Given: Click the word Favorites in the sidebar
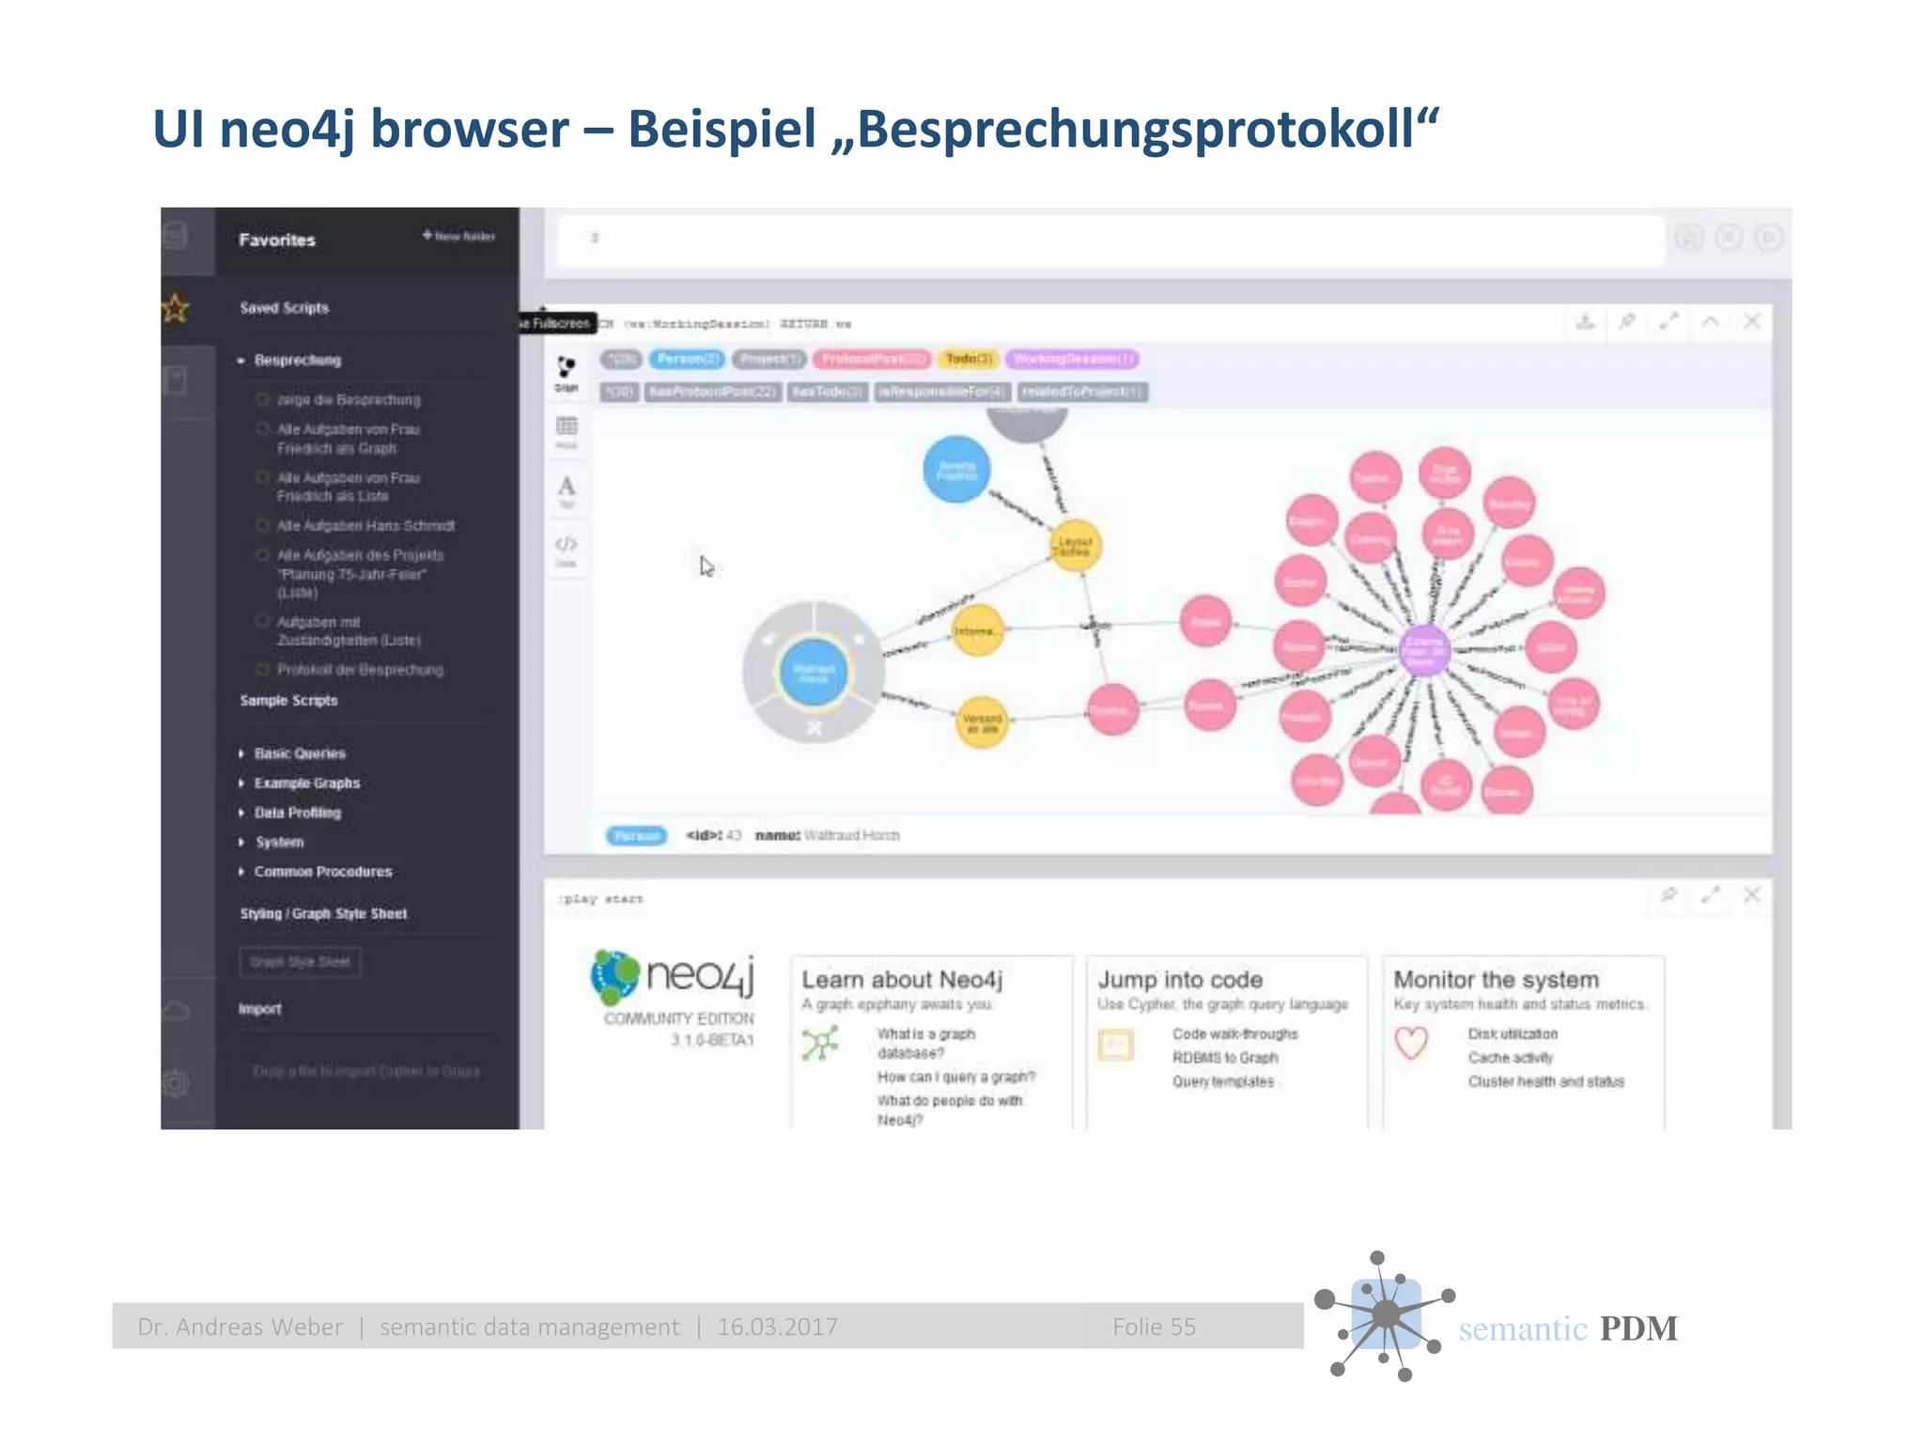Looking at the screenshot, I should pyautogui.click(x=277, y=240).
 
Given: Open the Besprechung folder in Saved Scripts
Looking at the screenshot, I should pyautogui.click(x=297, y=361).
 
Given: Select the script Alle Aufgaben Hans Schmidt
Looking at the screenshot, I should pyautogui.click(x=365, y=526).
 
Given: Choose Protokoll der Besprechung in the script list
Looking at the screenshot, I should pyautogui.click(x=360, y=670).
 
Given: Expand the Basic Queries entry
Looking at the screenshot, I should pyautogui.click(x=299, y=753).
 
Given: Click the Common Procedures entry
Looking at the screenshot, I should pyautogui.click(x=322, y=872).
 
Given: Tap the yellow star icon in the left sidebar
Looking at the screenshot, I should pyautogui.click(x=176, y=307).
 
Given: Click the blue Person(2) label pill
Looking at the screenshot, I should pyautogui.click(x=688, y=359).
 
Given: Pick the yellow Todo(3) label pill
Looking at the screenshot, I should pyautogui.click(x=969, y=359).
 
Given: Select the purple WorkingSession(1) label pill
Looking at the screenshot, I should pyautogui.click(x=1072, y=359).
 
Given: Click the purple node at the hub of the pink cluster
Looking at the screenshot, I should pyautogui.click(x=1423, y=648).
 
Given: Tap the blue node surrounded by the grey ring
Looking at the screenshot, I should pyautogui.click(x=814, y=672).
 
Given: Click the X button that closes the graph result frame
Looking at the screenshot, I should pyautogui.click(x=1751, y=322).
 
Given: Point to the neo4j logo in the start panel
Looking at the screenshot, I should pyautogui.click(x=673, y=976).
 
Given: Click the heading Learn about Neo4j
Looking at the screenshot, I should pyautogui.click(x=902, y=980).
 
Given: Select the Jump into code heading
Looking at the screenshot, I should pyautogui.click(x=1180, y=980).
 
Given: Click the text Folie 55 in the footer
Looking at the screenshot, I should pyautogui.click(x=1154, y=1327).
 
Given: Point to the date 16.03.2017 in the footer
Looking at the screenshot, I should pyautogui.click(x=777, y=1327).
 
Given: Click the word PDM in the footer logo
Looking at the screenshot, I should pyautogui.click(x=1637, y=1328).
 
